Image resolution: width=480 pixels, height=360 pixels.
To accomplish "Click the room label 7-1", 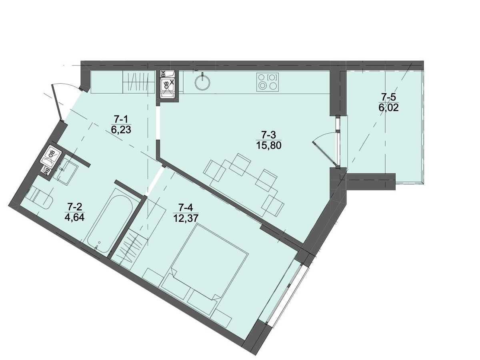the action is pyautogui.click(x=121, y=120).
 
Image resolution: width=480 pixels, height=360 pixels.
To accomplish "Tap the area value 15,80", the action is pyautogui.click(x=268, y=145).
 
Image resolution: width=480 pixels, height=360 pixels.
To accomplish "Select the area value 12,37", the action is pyautogui.click(x=186, y=218).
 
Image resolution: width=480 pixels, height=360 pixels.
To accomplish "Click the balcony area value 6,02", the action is pyautogui.click(x=388, y=108).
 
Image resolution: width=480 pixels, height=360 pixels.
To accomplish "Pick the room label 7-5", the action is pyautogui.click(x=388, y=96).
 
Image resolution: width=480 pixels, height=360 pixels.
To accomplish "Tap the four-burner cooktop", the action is pyautogui.click(x=268, y=82).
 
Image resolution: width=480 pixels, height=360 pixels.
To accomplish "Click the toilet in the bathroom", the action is pyautogui.click(x=41, y=199).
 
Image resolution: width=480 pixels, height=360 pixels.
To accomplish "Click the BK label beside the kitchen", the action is pyautogui.click(x=163, y=74).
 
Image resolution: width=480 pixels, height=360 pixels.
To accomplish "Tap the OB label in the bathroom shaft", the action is pyautogui.click(x=51, y=152).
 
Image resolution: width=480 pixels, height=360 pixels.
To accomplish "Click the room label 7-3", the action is pyautogui.click(x=268, y=135).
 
